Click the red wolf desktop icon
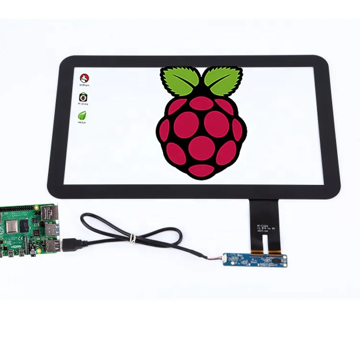(x=85, y=78)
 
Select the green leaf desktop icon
(x=83, y=116)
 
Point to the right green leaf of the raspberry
(x=222, y=80)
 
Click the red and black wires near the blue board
(x=214, y=258)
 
